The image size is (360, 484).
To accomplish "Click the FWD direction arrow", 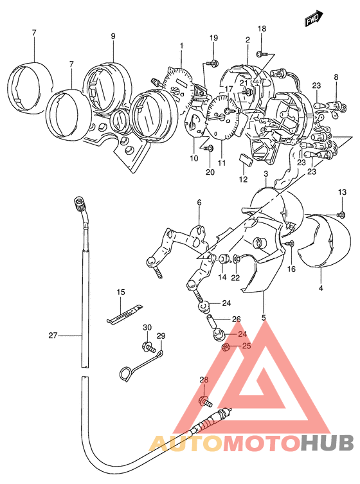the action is click(314, 19).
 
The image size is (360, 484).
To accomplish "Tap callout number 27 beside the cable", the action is click(53, 336).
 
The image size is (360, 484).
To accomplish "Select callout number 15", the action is click(121, 292).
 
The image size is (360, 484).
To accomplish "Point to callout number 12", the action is click(243, 179).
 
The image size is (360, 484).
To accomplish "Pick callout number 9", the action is click(113, 36).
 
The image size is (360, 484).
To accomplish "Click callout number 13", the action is click(342, 192).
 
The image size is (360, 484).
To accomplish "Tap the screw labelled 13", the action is click(341, 214).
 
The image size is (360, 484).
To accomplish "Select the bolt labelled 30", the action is click(149, 347).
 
